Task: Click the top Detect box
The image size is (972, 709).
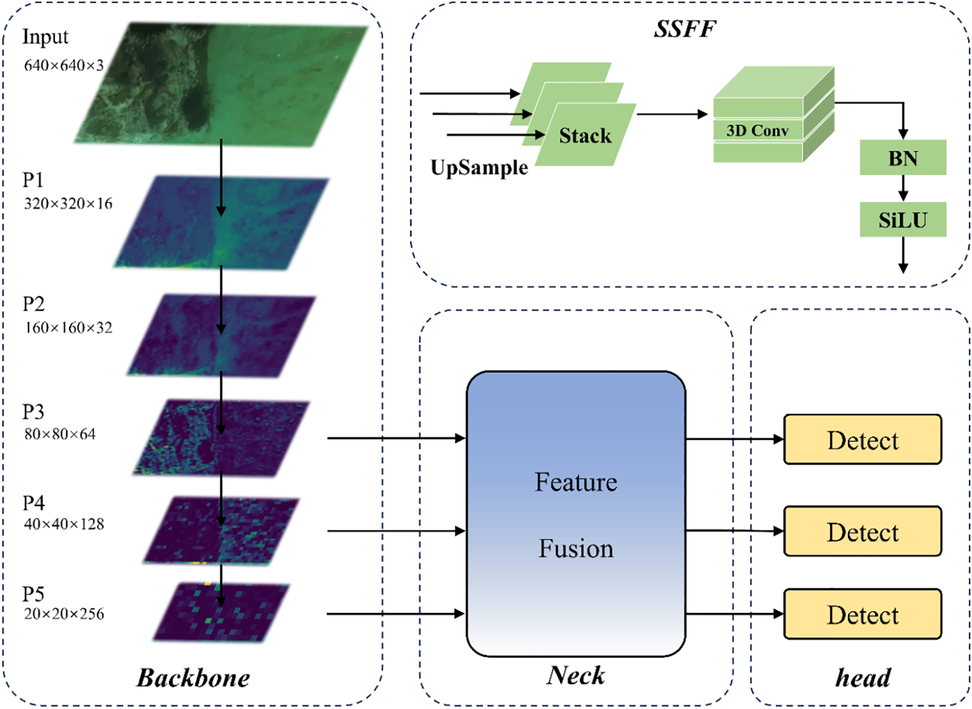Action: [x=862, y=440]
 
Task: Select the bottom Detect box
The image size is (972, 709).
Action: [x=862, y=614]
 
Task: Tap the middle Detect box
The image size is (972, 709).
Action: [x=862, y=531]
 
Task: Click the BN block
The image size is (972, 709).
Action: [x=902, y=158]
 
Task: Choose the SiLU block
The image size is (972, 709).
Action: [x=902, y=220]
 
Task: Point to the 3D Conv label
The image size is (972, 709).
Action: [x=757, y=131]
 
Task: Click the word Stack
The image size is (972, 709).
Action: [x=585, y=135]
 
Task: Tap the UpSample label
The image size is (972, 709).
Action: [x=479, y=167]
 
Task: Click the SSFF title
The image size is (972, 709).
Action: [x=685, y=29]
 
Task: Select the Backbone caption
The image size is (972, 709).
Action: [x=193, y=678]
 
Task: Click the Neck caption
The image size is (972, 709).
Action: [x=575, y=675]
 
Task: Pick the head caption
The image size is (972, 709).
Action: [x=862, y=678]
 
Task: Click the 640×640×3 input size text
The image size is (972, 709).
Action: [x=64, y=65]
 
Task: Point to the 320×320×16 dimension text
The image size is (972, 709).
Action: [x=68, y=204]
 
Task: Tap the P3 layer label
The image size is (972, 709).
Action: [x=33, y=411]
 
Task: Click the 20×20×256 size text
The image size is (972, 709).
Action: [x=64, y=614]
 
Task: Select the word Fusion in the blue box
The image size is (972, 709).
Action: [x=575, y=548]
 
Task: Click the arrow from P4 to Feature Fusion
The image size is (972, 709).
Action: [x=395, y=531]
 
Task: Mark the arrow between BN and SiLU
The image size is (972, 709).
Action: [x=903, y=188]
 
